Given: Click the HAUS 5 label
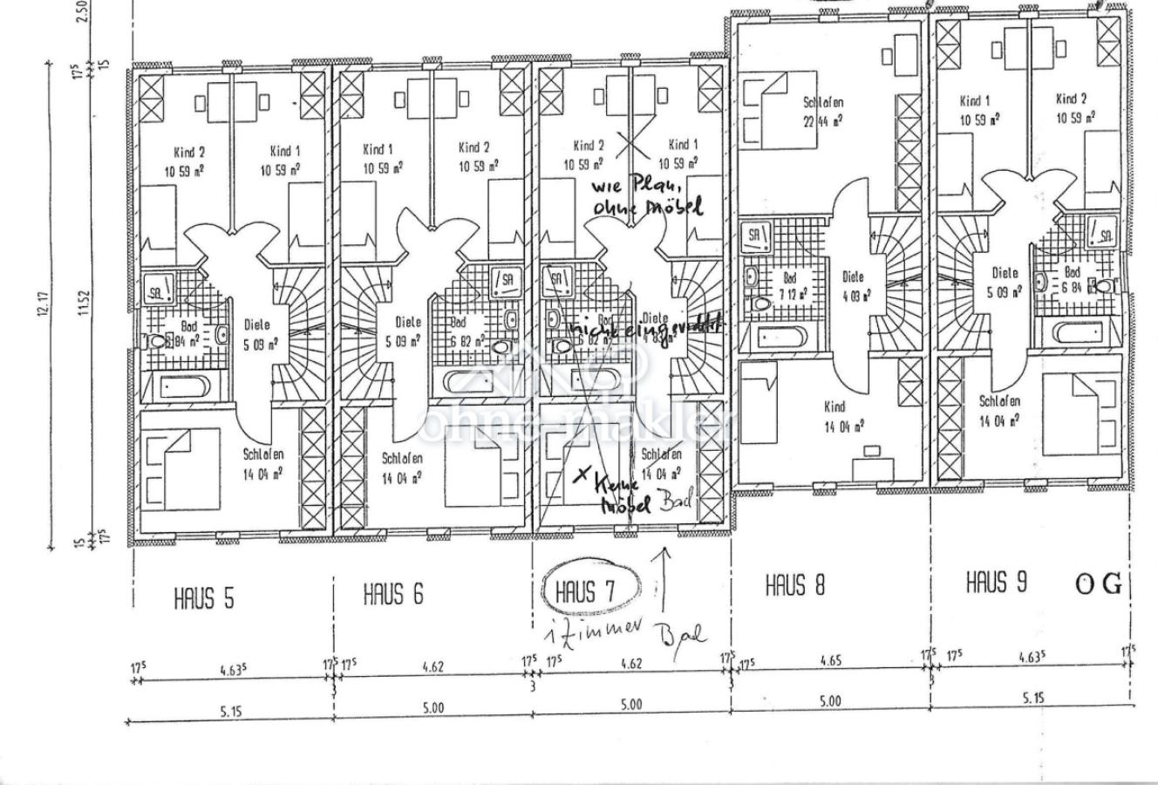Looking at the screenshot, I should tap(204, 599).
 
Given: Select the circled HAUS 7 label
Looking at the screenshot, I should tap(585, 592).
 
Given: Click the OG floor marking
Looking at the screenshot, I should tap(1099, 584).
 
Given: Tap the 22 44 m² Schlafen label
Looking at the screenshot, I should tap(823, 111).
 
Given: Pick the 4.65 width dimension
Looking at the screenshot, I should tap(831, 661).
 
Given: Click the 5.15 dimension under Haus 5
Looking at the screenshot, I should tap(230, 712).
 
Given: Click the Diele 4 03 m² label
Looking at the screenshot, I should tap(854, 285).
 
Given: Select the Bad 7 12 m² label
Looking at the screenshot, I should tap(794, 285).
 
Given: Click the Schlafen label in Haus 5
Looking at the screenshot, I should tap(262, 463).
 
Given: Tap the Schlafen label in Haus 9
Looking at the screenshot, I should tap(999, 410).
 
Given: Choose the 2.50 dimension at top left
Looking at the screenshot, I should tap(84, 12).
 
